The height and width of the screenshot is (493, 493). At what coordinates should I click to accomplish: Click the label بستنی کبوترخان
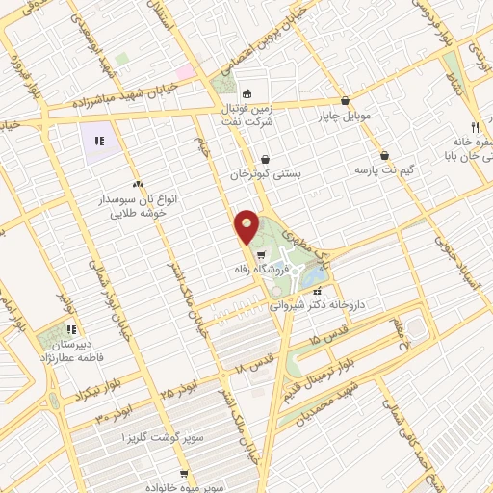tap(266, 174)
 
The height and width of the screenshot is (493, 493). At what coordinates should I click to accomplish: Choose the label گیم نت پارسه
tap(383, 169)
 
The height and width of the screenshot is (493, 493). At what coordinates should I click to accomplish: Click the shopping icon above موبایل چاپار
tap(345, 101)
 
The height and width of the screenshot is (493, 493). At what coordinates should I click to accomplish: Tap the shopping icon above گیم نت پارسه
tap(384, 155)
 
